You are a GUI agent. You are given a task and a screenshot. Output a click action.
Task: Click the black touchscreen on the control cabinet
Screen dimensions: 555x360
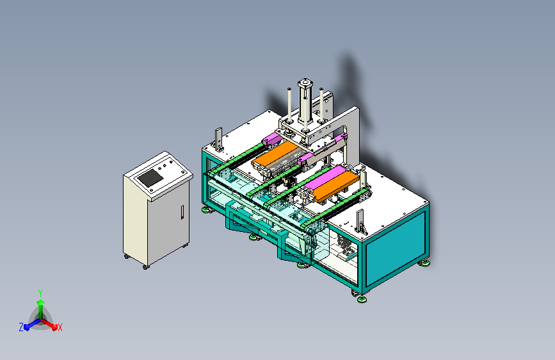pos(150,178)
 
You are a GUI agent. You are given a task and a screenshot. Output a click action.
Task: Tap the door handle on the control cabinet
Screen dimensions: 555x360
pos(182,212)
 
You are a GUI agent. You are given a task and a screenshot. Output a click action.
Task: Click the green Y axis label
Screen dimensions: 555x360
pos(40,293)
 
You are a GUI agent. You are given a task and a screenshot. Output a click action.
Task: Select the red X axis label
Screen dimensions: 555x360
pos(60,328)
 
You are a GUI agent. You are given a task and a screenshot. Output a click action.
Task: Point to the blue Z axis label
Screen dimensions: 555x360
pos(21,327)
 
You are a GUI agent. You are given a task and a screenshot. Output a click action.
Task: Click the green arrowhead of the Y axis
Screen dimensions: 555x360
pos(40,302)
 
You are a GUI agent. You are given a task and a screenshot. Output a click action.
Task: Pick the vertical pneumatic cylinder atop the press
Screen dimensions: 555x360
pos(305,102)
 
